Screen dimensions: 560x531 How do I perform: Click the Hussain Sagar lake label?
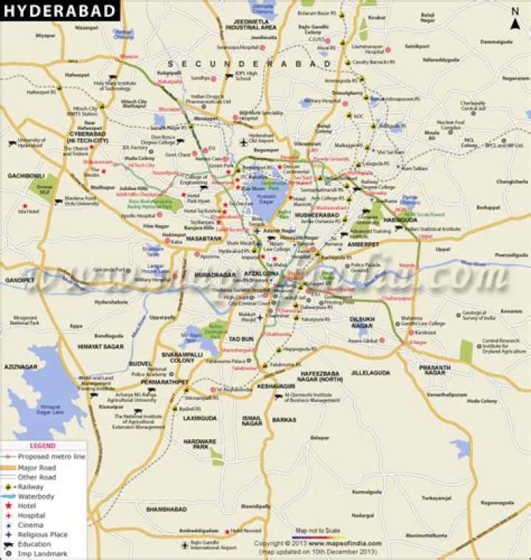point(265,196)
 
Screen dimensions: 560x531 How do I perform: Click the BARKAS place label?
point(284,419)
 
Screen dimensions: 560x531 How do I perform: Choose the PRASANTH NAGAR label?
point(435,370)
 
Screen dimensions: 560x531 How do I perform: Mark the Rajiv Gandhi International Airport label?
point(214,547)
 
